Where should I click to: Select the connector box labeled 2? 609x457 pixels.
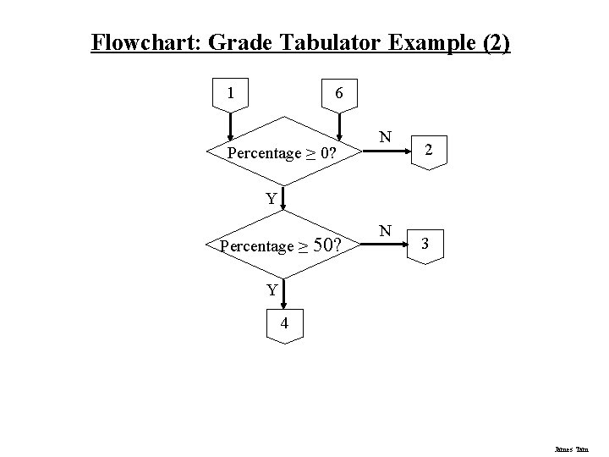pyautogui.click(x=430, y=151)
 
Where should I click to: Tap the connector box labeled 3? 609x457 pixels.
pyautogui.click(x=425, y=245)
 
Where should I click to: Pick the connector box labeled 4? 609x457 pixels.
pyautogui.click(x=285, y=323)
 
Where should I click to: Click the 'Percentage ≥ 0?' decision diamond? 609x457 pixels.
pyautogui.click(x=284, y=153)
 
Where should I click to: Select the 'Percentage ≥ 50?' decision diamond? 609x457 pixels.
pyautogui.click(x=284, y=246)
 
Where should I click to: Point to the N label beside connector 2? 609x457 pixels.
pyautogui.click(x=385, y=137)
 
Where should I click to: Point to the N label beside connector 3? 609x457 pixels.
pyautogui.click(x=385, y=230)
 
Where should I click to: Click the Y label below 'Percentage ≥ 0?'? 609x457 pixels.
pyautogui.click(x=270, y=200)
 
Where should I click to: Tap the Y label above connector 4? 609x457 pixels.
pyautogui.click(x=272, y=290)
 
